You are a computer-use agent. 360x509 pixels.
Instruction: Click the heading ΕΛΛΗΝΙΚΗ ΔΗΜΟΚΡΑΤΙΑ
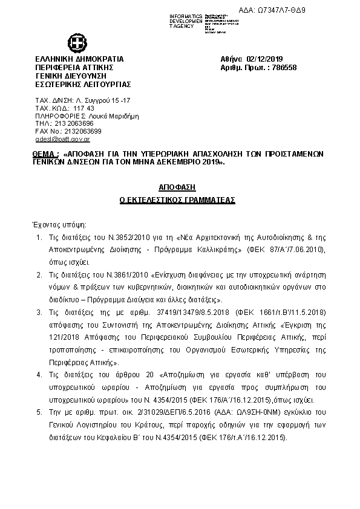point(79,59)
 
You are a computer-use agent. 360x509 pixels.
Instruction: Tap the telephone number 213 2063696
point(71,123)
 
